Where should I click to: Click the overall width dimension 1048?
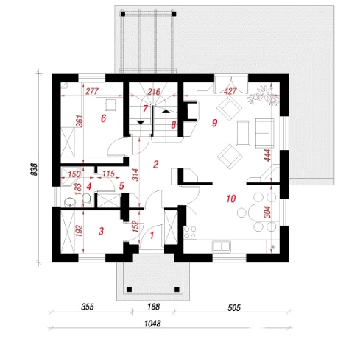click(152, 324)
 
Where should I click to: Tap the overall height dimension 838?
click(34, 169)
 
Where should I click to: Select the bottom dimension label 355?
click(88, 307)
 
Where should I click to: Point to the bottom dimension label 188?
click(154, 307)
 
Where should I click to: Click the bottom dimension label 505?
click(234, 307)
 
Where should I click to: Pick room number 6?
click(103, 118)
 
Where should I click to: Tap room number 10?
click(231, 199)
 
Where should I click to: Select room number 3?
click(101, 231)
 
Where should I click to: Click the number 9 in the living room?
click(214, 123)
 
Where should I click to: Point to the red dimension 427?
click(230, 92)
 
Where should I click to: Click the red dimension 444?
click(267, 155)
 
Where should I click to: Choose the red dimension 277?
click(92, 92)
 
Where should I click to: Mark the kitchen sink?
click(222, 246)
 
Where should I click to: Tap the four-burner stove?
click(190, 232)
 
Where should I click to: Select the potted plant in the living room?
click(264, 96)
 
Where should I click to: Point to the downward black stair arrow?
click(141, 122)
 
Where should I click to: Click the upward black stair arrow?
click(166, 111)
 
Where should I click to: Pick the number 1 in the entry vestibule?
click(152, 235)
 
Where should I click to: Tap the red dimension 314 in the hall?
click(135, 175)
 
